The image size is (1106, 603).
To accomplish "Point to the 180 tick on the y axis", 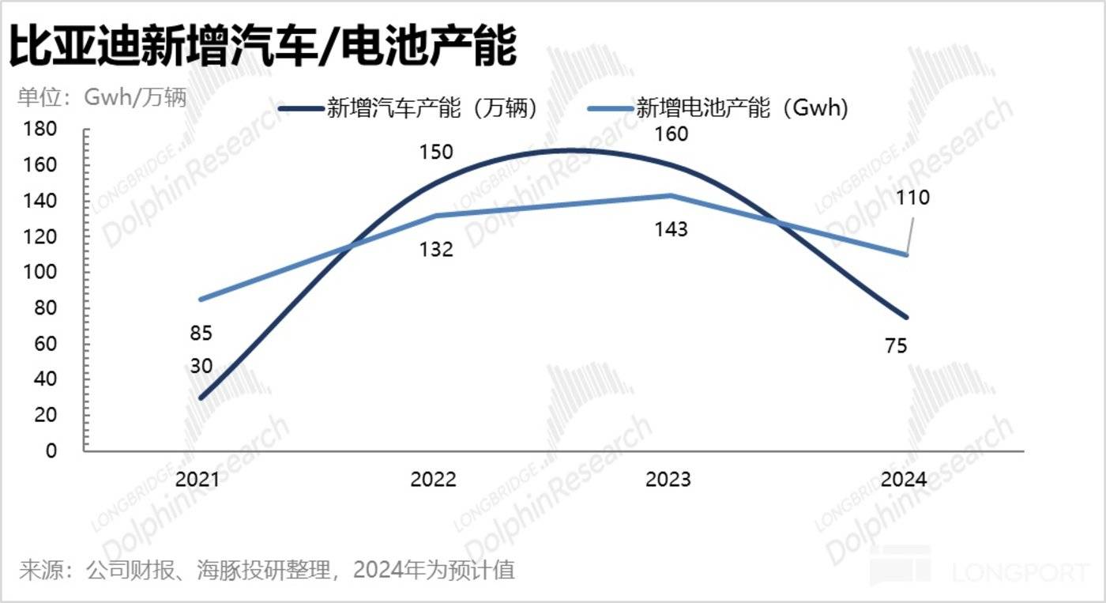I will click(41, 130).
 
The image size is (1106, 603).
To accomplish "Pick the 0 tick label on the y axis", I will click(51, 450).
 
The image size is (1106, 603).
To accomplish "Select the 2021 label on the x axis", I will click(197, 480).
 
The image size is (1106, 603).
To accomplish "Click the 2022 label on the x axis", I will click(433, 480).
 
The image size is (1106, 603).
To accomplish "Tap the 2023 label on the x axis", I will click(668, 480).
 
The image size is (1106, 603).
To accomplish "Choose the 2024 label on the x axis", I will click(904, 480).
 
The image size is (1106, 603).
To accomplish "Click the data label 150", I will click(436, 152).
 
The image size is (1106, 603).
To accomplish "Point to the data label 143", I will click(671, 230).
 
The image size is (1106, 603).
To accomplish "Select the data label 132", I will click(436, 250).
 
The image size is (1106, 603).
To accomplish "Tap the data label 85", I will click(201, 334).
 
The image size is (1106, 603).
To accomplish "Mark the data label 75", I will click(896, 345).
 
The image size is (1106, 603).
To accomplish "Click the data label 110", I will click(913, 198).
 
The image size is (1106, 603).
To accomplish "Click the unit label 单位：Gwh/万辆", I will click(102, 98).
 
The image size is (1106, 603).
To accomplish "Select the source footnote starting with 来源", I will click(267, 570).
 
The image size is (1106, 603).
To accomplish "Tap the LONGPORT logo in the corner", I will click(980, 569).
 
